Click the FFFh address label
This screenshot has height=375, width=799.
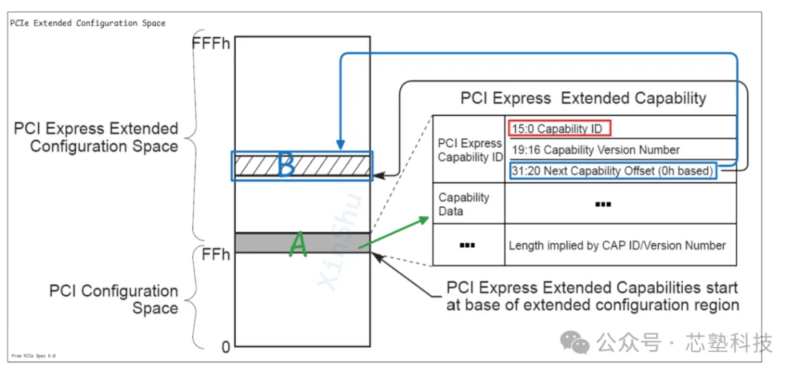(211, 43)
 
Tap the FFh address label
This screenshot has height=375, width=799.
(216, 255)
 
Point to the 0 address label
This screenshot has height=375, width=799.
(226, 345)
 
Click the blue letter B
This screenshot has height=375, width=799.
(286, 166)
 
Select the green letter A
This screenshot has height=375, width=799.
(297, 244)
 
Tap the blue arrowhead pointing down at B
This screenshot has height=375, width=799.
(340, 145)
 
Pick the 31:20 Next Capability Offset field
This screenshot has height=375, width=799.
(613, 171)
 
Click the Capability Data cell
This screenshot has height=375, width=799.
(464, 204)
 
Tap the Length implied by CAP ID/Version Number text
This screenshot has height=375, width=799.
(617, 246)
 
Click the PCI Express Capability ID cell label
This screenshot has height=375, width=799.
(470, 150)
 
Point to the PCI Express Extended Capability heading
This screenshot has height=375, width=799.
(583, 98)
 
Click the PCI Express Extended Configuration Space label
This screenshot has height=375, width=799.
(96, 138)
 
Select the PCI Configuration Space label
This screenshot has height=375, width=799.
(114, 300)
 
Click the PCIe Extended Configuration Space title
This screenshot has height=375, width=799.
(88, 23)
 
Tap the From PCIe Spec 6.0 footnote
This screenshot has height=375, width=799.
(33, 356)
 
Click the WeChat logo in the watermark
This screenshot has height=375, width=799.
(574, 342)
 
